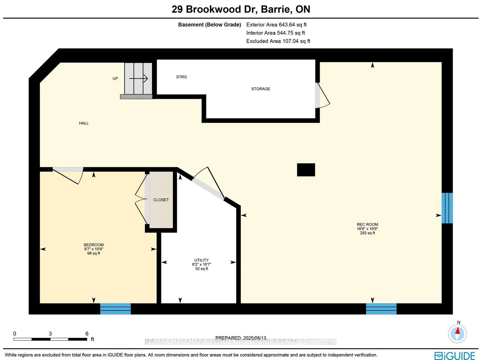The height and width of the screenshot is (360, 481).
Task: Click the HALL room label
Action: click(x=84, y=123)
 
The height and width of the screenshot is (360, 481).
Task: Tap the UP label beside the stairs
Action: click(x=115, y=78)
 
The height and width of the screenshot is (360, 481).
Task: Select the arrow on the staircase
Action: click(x=139, y=78)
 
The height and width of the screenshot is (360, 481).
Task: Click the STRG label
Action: click(x=181, y=77)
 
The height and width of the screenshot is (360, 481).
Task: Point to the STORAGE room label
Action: click(x=260, y=89)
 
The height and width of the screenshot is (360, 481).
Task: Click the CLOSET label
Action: click(x=161, y=200)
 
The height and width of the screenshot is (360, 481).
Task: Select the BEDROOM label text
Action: click(x=94, y=245)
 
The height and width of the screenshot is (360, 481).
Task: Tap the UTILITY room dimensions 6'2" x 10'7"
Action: click(x=202, y=265)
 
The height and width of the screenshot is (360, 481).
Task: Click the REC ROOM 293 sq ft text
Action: click(x=367, y=233)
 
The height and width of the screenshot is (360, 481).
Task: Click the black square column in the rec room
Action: click(x=306, y=170)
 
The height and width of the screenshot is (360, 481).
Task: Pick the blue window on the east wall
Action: click(x=447, y=208)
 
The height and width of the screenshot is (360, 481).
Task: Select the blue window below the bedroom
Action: click(x=115, y=309)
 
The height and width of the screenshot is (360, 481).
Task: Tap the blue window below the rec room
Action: click(x=381, y=309)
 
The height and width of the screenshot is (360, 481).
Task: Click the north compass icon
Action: click(x=458, y=333)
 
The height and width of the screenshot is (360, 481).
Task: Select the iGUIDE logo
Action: click(x=455, y=355)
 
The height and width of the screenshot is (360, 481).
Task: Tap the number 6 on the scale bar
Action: click(x=87, y=334)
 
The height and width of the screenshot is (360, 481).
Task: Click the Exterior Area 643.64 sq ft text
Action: click(x=276, y=25)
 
